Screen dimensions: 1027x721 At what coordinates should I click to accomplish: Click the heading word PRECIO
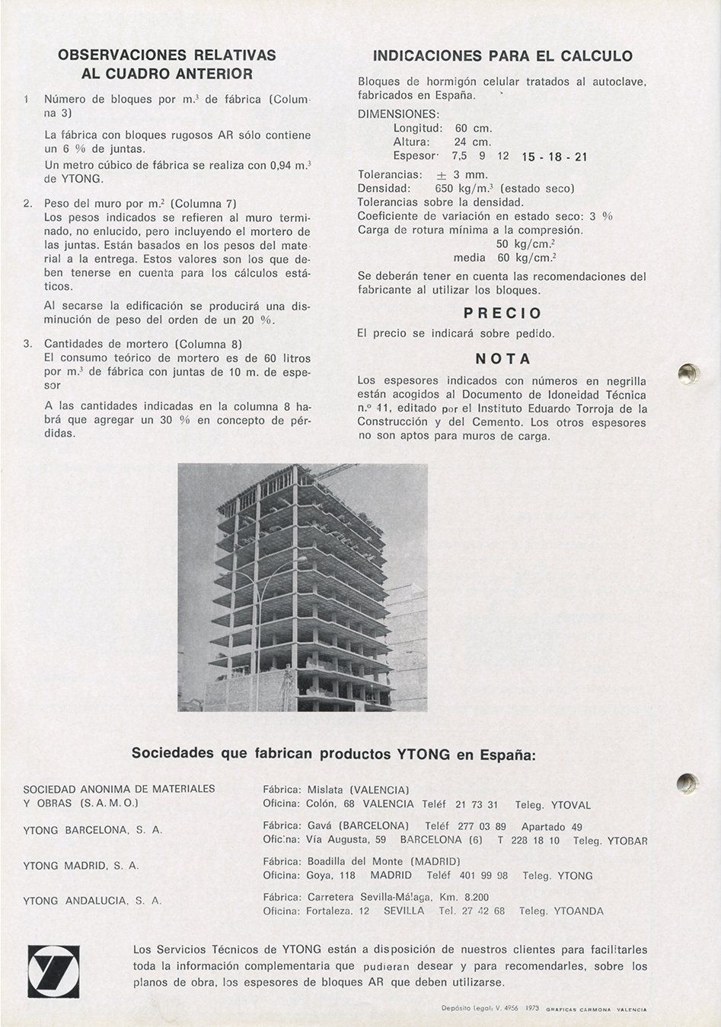[502, 313]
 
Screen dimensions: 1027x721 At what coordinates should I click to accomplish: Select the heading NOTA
[502, 358]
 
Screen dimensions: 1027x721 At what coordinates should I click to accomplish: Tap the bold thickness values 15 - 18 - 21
[554, 157]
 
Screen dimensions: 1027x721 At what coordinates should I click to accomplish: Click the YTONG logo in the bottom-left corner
[53, 971]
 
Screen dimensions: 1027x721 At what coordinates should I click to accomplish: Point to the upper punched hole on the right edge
[688, 373]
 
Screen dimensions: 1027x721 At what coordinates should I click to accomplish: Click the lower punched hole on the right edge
[687, 783]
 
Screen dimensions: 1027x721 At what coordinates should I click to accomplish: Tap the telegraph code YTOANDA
[579, 911]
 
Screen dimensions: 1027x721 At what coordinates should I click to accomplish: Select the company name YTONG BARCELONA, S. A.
[93, 831]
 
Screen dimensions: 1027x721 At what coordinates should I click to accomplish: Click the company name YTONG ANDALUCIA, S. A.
[93, 901]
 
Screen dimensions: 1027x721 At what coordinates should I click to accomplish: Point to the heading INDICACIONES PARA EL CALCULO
[502, 56]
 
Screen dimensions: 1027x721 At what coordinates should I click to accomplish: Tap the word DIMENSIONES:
[393, 114]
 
